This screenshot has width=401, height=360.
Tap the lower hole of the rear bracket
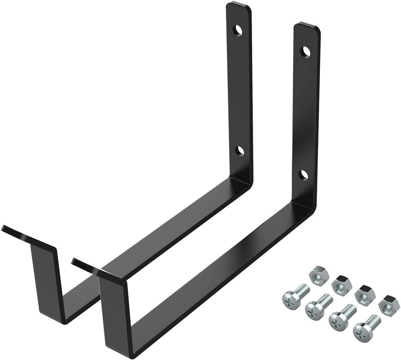(x=240, y=151)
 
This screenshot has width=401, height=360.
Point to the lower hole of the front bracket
(x=304, y=174)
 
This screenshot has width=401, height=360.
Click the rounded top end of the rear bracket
(x=239, y=8)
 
